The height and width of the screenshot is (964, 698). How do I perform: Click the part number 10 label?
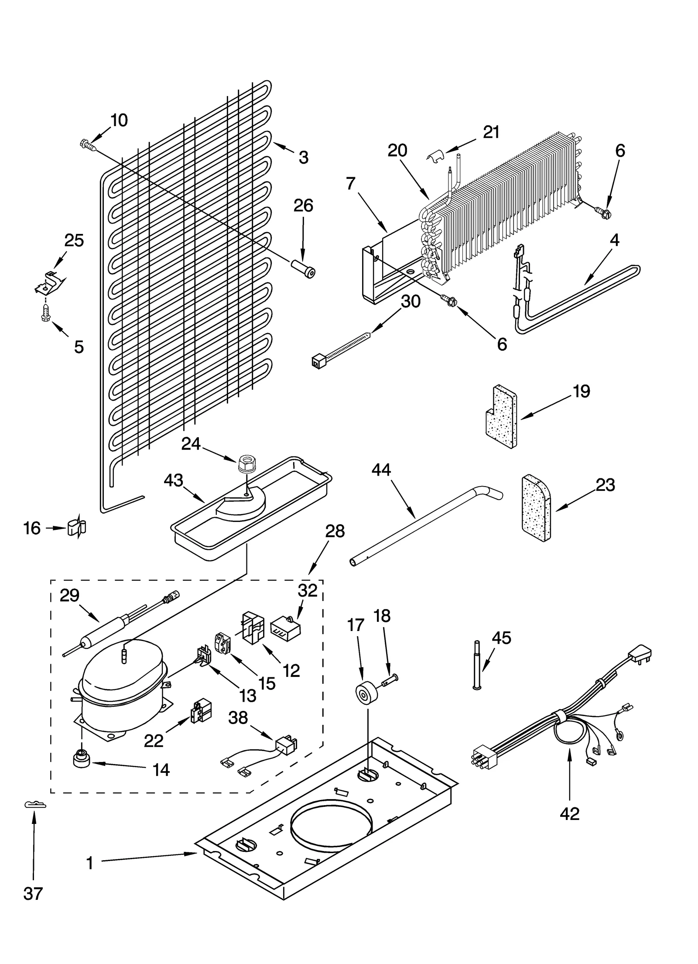[x=119, y=120]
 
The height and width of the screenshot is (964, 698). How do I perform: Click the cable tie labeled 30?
[x=340, y=348]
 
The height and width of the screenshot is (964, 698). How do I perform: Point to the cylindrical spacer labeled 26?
[x=303, y=267]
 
